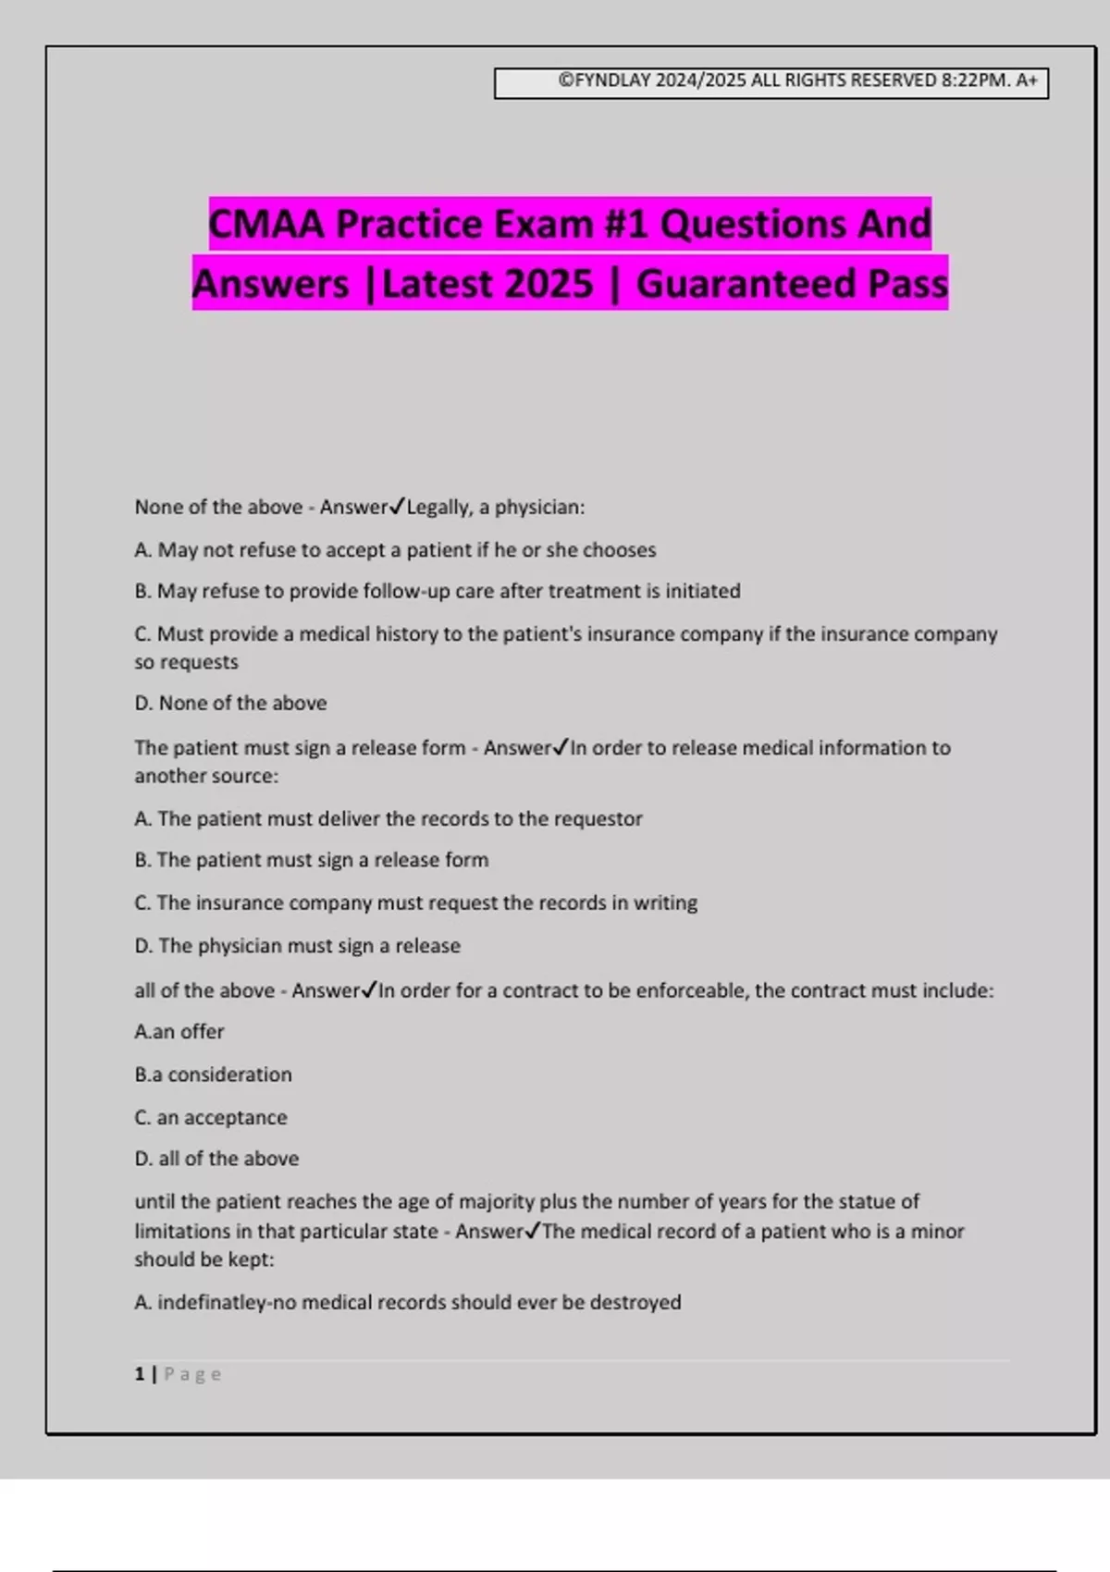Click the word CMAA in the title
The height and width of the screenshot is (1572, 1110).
pyautogui.click(x=266, y=225)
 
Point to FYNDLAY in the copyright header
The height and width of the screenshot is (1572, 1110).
pyautogui.click(x=612, y=80)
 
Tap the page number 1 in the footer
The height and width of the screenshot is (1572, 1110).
pyautogui.click(x=140, y=1374)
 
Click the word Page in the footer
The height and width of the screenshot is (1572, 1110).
pyautogui.click(x=192, y=1374)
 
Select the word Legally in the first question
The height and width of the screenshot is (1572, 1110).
pyautogui.click(x=439, y=507)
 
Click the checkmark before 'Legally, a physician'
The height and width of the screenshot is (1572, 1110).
pyautogui.click(x=397, y=506)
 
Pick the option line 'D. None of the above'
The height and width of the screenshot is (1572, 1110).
pyautogui.click(x=230, y=703)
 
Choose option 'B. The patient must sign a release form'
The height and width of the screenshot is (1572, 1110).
pyautogui.click(x=311, y=860)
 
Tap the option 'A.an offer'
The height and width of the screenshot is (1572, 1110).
pyautogui.click(x=179, y=1031)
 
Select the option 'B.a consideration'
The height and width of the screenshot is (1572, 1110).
pyautogui.click(x=213, y=1075)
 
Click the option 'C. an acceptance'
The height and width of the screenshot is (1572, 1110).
pyautogui.click(x=211, y=1117)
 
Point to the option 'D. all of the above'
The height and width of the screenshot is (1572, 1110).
pyautogui.click(x=216, y=1159)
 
